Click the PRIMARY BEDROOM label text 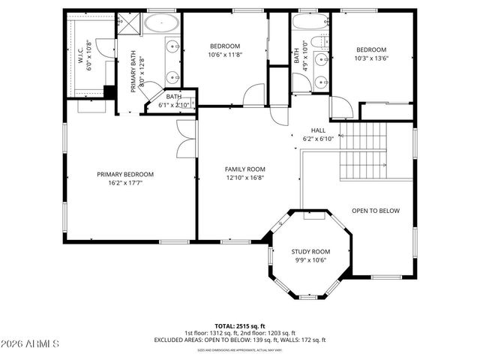click(124, 174)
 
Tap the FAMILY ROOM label click(245, 169)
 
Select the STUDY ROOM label click(310, 251)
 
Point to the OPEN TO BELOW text click(376, 211)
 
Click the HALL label click(318, 130)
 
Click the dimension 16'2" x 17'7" click(124, 182)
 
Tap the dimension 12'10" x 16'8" click(245, 178)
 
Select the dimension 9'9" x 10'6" click(310, 259)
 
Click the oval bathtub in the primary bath click(160, 23)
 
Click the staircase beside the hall click(363, 150)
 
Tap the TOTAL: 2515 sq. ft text click(240, 326)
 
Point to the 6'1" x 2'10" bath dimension click(174, 105)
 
